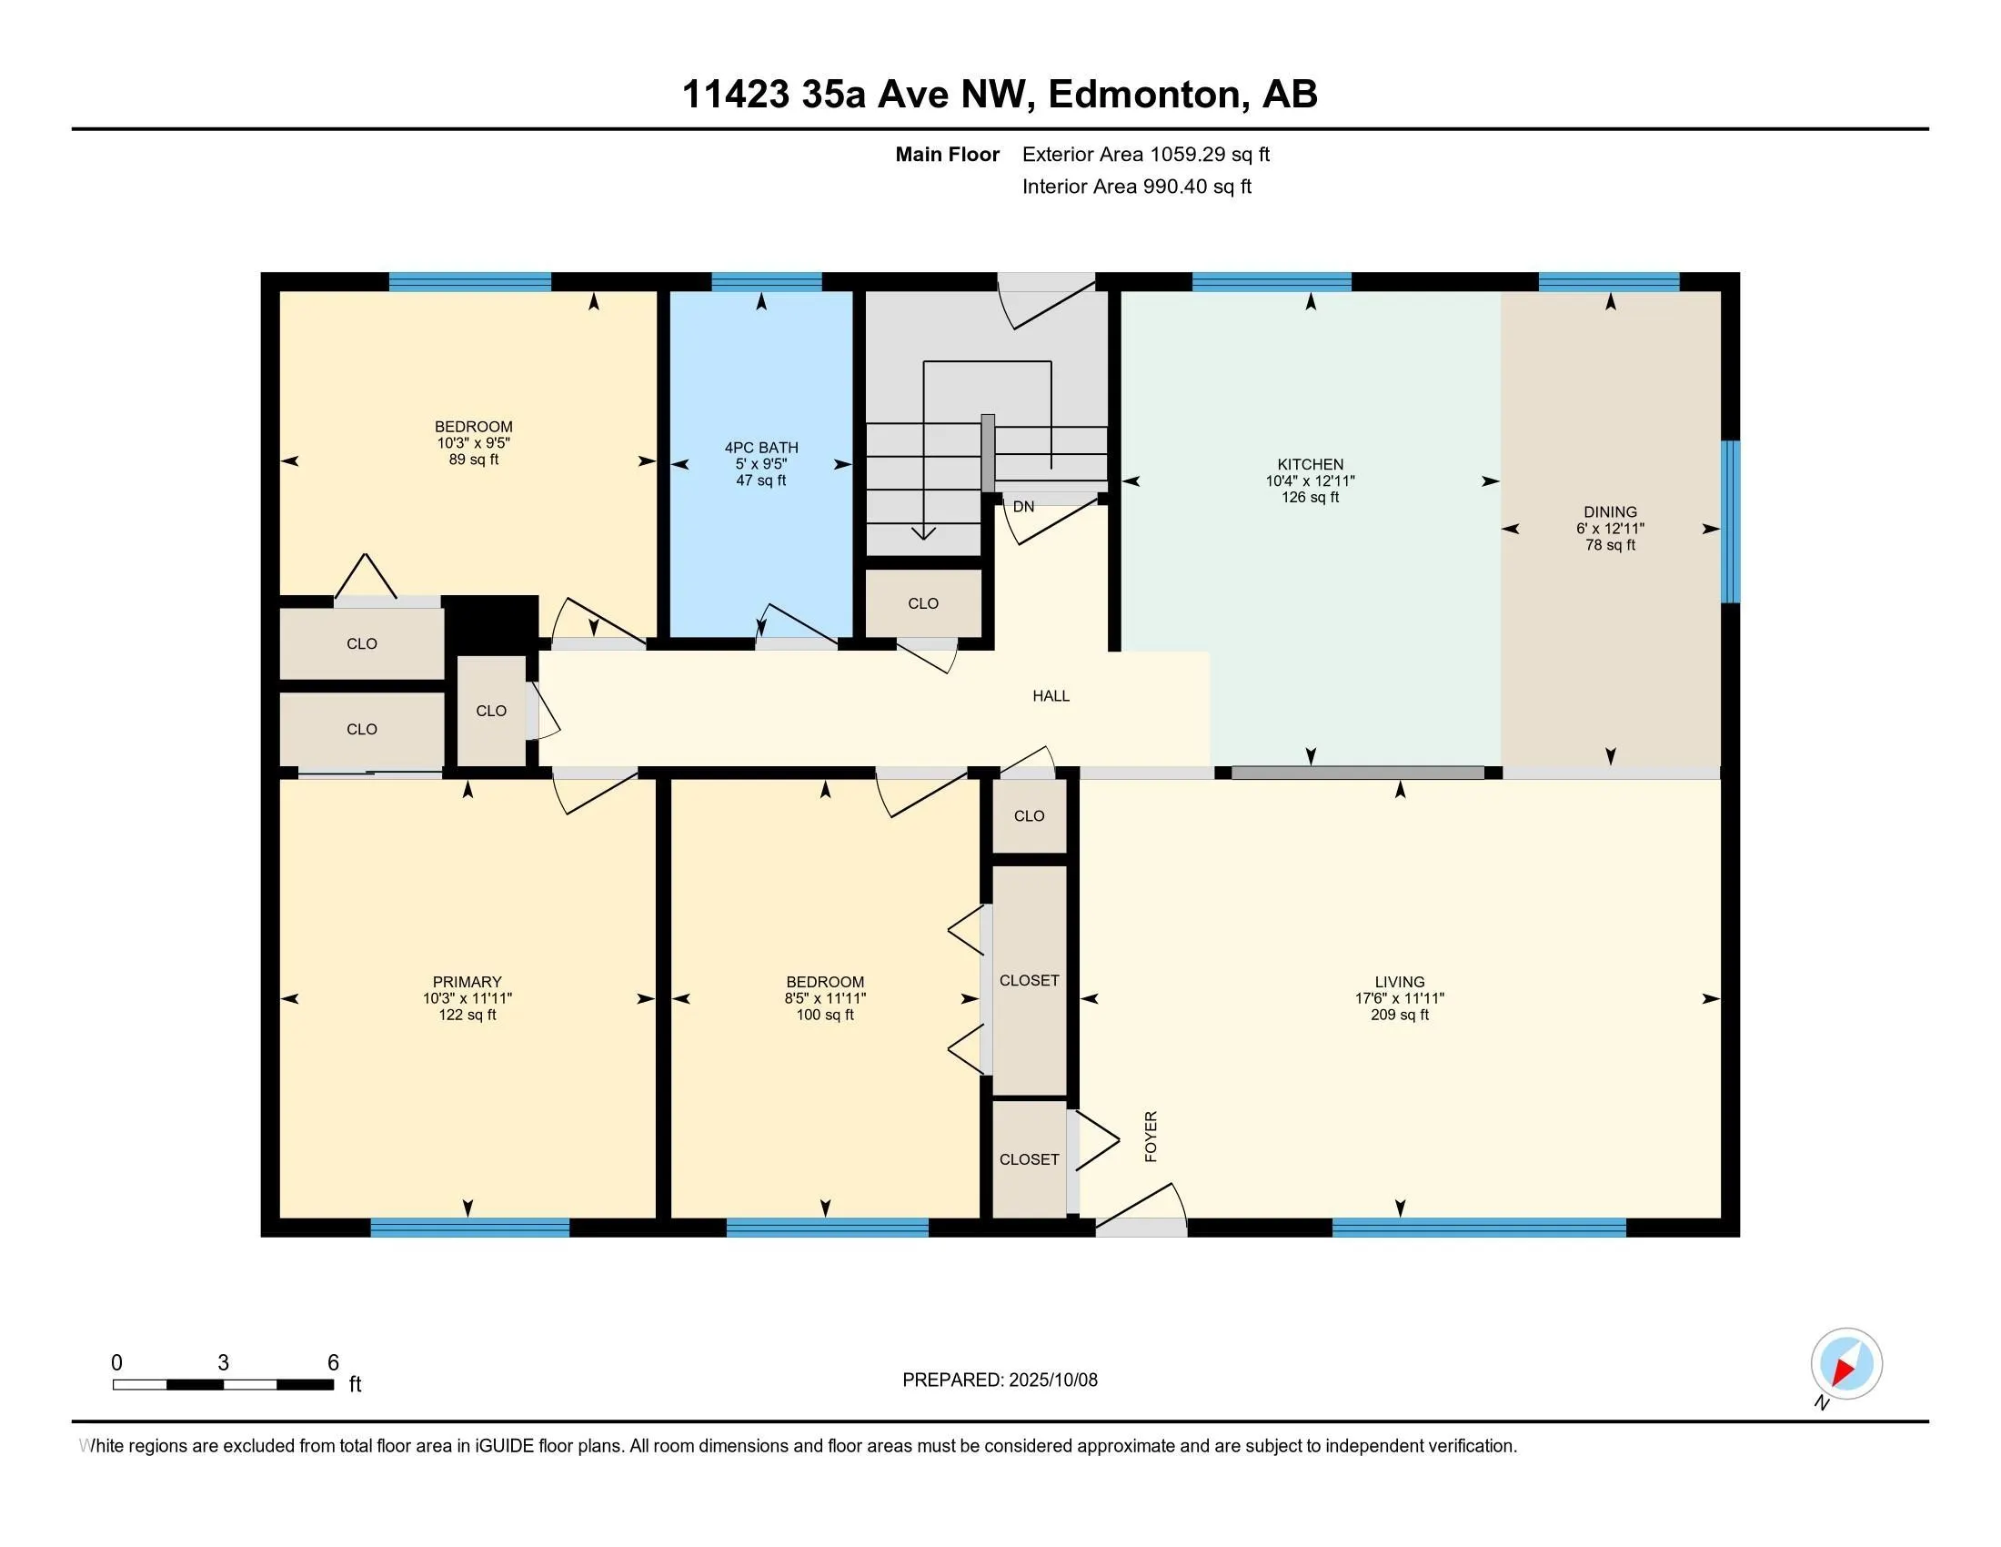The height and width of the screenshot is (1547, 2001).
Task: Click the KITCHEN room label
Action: click(1310, 465)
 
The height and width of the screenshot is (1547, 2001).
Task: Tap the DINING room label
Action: click(1610, 512)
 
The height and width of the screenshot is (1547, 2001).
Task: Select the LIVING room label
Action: click(1399, 982)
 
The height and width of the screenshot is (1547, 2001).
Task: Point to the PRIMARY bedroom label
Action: click(468, 982)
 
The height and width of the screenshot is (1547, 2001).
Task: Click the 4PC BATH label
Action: click(761, 447)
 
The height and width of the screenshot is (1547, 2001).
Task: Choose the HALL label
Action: click(1051, 695)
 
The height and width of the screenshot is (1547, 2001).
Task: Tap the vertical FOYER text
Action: click(1151, 1137)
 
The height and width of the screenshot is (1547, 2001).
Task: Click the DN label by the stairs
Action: click(1023, 506)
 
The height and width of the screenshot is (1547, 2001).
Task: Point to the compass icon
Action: click(1846, 1363)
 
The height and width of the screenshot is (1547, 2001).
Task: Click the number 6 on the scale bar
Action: click(334, 1362)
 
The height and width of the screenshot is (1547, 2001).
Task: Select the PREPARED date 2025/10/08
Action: click(1052, 1380)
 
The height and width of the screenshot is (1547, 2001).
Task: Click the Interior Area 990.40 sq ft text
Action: click(1136, 186)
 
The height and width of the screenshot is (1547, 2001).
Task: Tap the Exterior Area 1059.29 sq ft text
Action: click(1145, 154)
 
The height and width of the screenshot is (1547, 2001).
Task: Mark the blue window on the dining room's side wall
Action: click(1730, 521)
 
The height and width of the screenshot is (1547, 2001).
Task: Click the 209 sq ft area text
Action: click(1399, 1015)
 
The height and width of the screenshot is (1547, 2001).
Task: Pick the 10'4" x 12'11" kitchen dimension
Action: click(1310, 481)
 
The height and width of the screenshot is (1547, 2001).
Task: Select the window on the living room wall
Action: click(1479, 1228)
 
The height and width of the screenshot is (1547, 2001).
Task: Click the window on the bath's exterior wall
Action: click(766, 281)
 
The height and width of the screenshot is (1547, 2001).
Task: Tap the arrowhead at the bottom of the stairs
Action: click(923, 532)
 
